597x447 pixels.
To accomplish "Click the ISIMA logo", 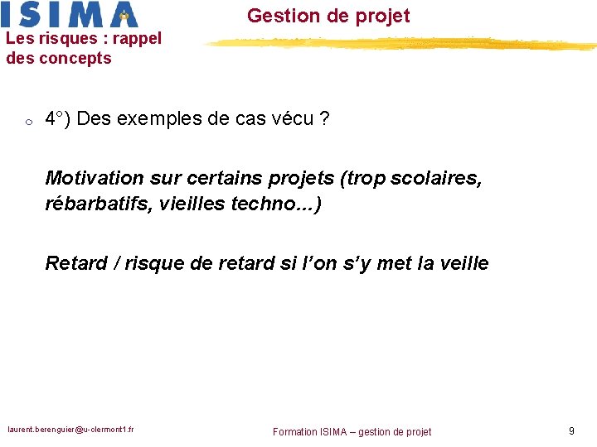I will click(70, 14).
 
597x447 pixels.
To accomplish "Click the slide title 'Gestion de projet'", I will click(328, 16).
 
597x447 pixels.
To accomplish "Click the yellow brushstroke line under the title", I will click(398, 43).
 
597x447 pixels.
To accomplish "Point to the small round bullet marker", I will click(27, 123).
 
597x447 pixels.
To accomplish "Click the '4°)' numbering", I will click(57, 119).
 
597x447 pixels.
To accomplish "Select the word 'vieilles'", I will click(194, 204).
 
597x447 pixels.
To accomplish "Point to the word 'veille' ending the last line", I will click(464, 263).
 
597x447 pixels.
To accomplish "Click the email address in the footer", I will click(71, 430).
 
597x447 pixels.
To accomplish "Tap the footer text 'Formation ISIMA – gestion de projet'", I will click(352, 431).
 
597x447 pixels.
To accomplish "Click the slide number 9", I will click(570, 430).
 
